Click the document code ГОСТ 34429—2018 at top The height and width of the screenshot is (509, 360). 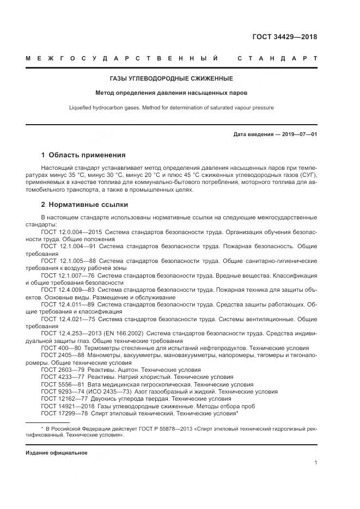[284, 37]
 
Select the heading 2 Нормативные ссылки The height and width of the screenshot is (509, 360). [84, 205]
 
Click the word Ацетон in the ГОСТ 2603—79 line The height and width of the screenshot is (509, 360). [125, 370]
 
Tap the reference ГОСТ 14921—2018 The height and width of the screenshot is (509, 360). [68, 406]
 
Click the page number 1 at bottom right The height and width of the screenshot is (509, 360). [316, 463]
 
